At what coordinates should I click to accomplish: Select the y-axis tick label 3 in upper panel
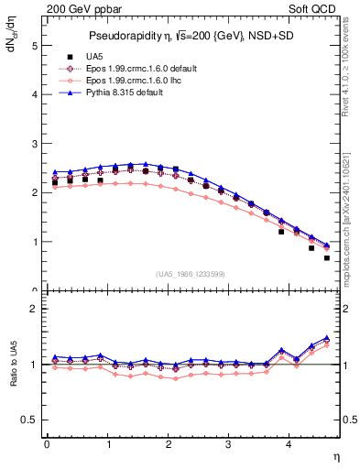33,144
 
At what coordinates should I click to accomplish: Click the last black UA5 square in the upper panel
326,257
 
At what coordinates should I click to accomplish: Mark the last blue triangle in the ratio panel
326,337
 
